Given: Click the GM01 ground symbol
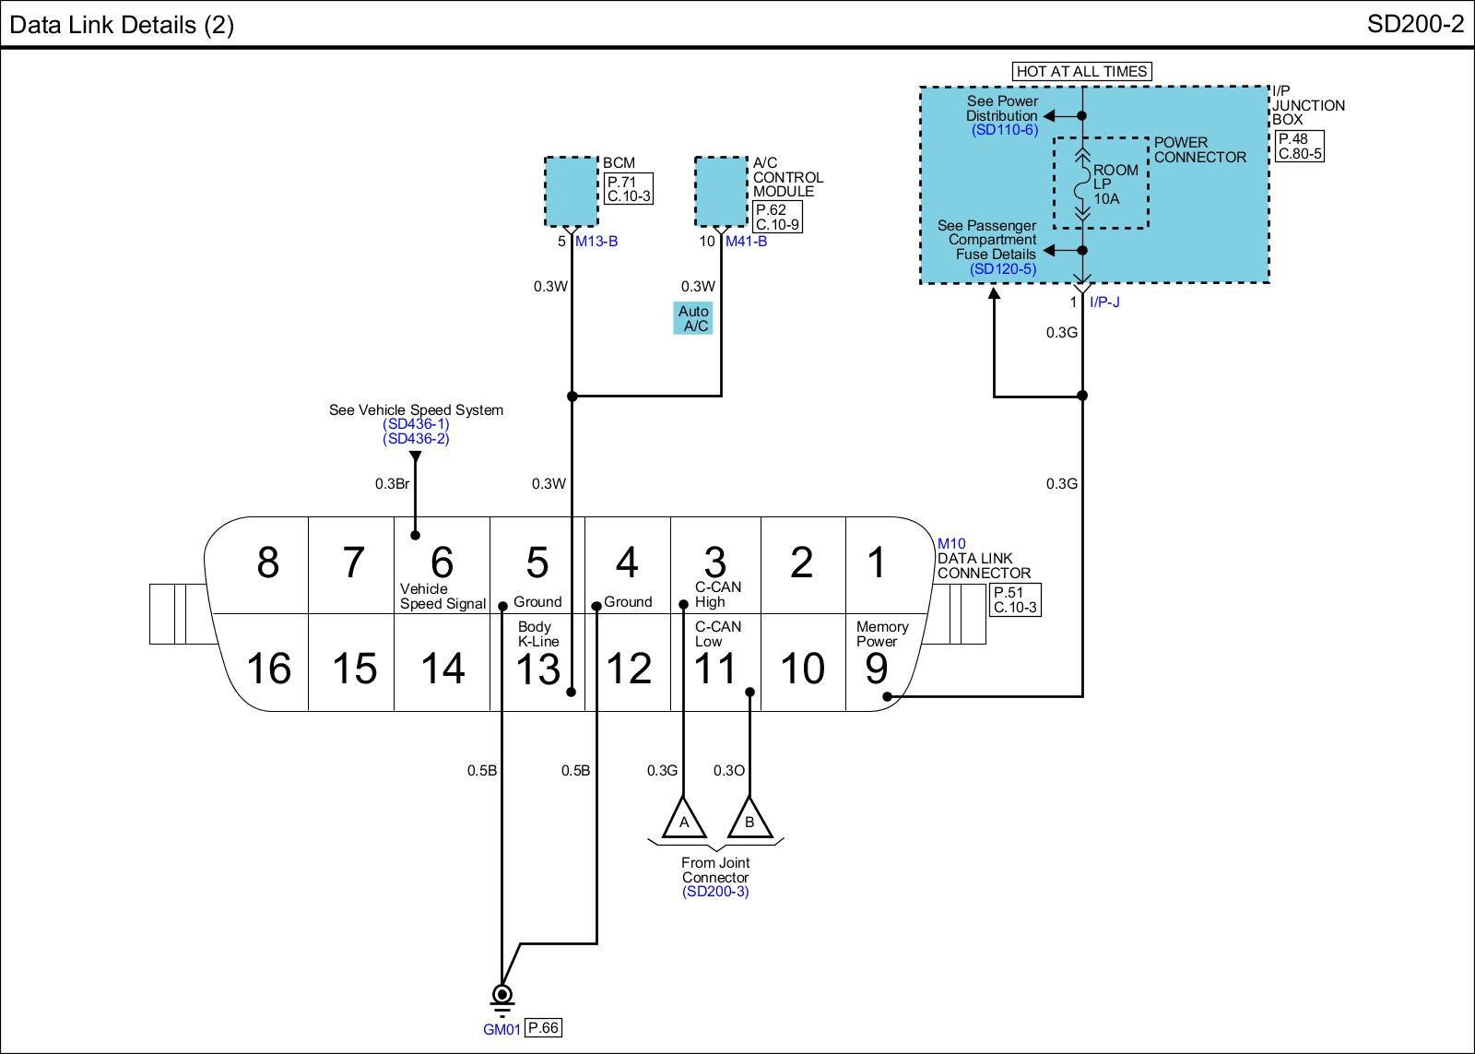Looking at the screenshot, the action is (501, 999).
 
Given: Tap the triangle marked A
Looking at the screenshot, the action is (684, 819).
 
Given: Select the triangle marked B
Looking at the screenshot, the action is (749, 819).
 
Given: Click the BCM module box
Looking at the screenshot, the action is (572, 192).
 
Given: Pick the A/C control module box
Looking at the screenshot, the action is (722, 192).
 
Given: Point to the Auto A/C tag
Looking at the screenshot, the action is (692, 318).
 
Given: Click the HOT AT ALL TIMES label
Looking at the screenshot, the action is (1082, 71).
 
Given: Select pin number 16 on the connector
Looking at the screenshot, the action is (268, 668).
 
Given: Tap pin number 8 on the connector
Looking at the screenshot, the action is (268, 562).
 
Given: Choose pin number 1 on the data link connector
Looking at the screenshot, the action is (877, 562).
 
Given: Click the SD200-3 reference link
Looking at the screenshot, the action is (715, 892).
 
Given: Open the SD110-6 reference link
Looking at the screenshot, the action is (1005, 130).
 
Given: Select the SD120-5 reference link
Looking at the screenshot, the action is (1003, 268).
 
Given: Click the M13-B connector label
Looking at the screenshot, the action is (596, 241).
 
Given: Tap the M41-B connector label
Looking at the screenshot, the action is (746, 241).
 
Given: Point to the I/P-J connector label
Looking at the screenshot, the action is (1105, 302).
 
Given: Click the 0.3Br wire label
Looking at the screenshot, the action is (393, 483).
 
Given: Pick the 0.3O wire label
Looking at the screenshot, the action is (729, 770).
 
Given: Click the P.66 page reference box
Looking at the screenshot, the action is (544, 1027).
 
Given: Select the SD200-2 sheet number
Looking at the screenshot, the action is (1416, 24).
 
